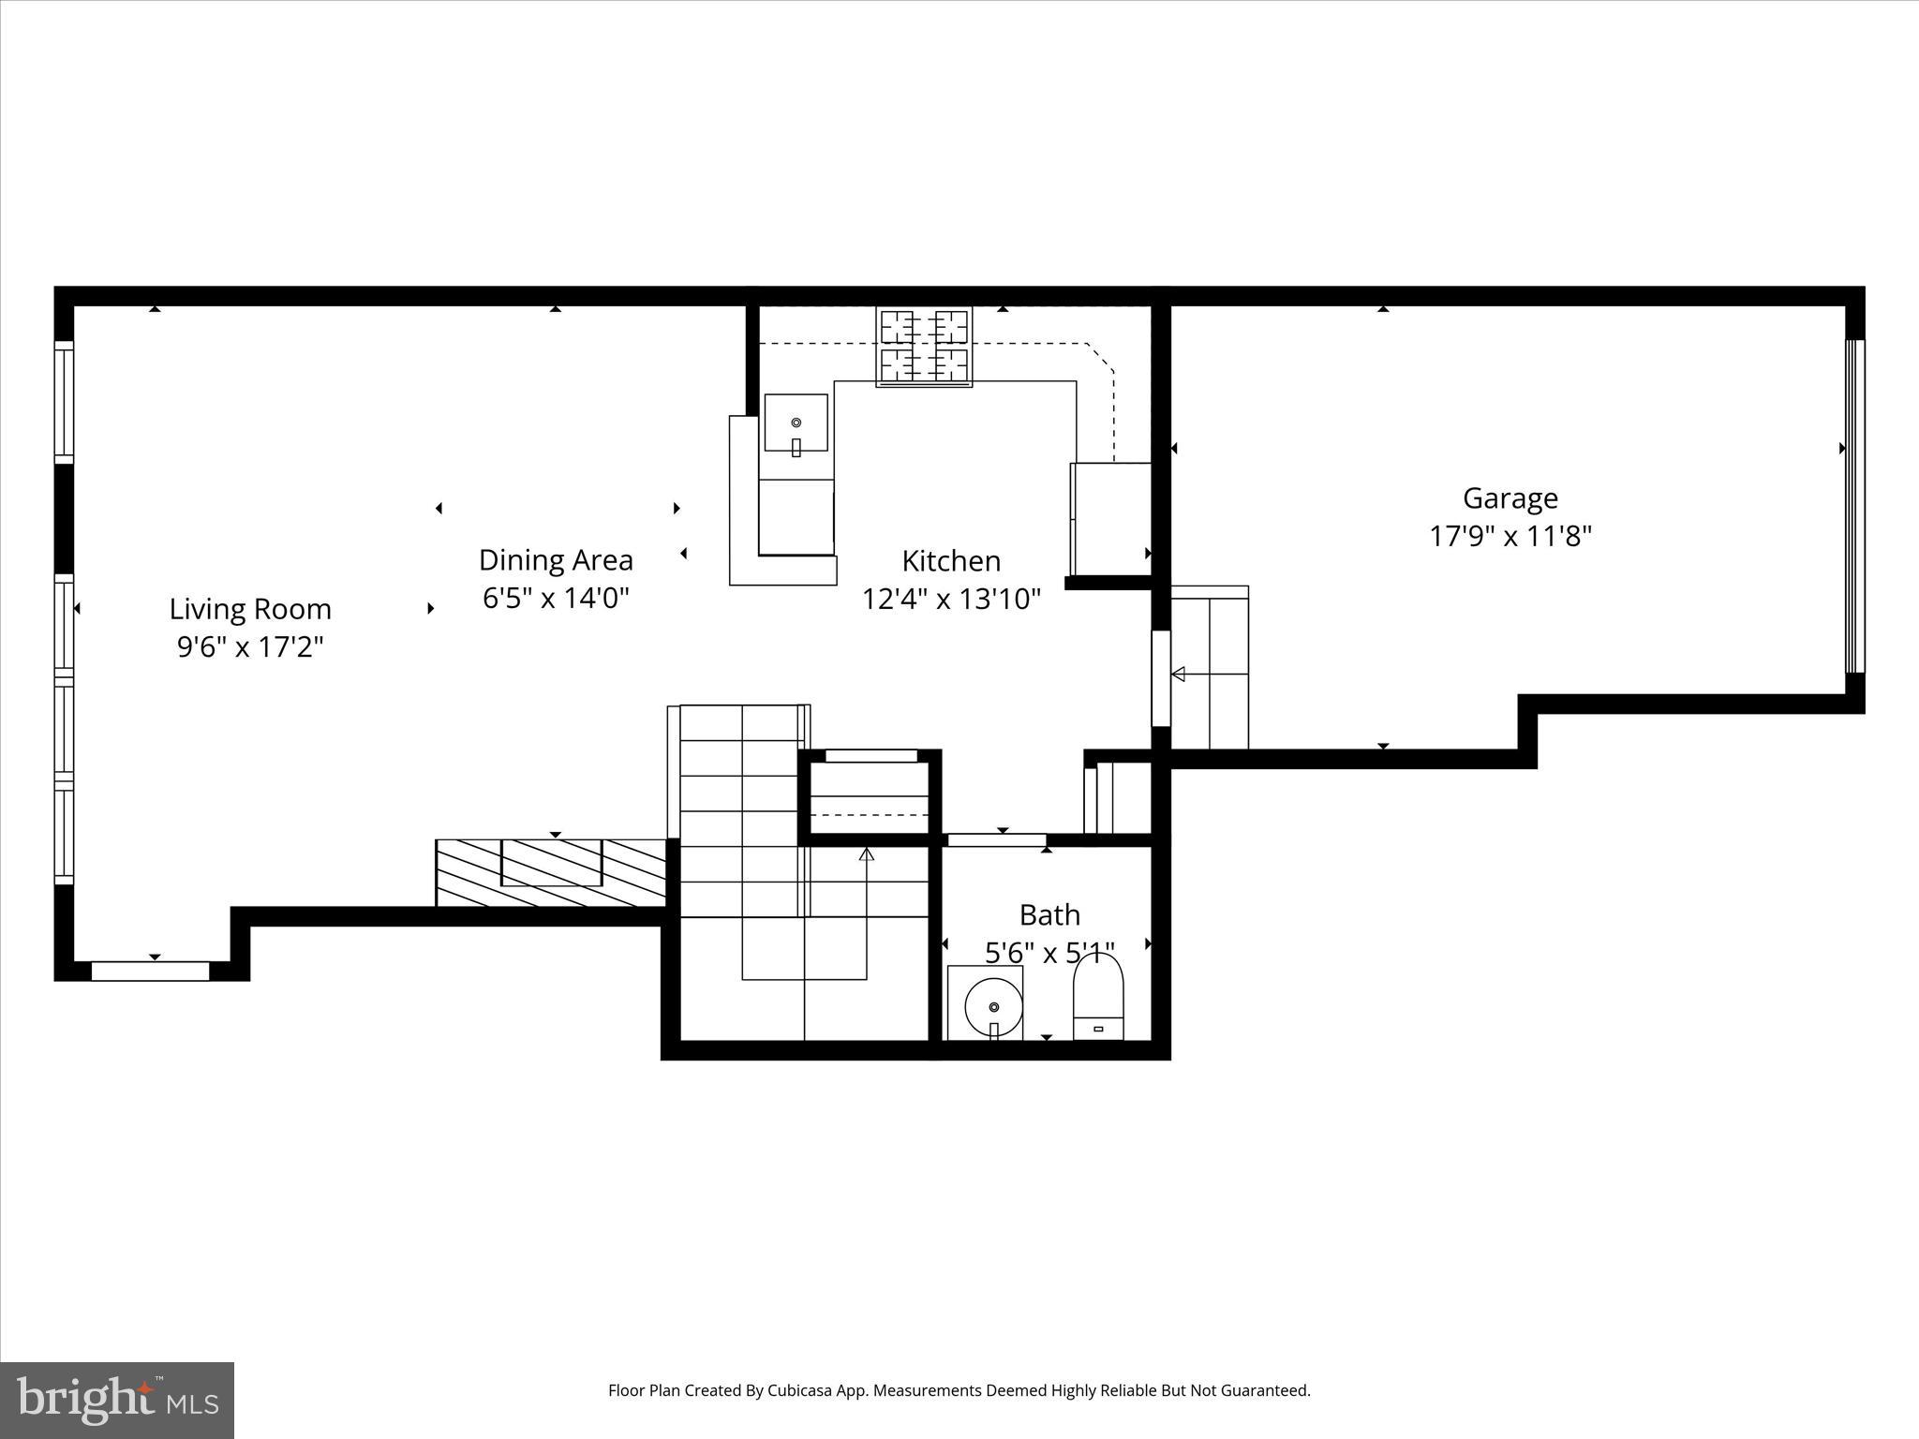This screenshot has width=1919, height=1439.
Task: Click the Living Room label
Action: click(250, 609)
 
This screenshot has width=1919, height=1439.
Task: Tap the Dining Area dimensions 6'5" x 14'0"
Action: click(556, 598)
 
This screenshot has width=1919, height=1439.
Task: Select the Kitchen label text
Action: click(951, 561)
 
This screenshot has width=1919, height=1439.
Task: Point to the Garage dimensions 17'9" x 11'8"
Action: click(1510, 536)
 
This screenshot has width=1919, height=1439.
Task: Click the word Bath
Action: click(1049, 914)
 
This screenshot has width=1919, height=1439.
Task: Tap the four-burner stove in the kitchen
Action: click(924, 347)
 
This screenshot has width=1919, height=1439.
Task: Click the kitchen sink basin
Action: click(796, 423)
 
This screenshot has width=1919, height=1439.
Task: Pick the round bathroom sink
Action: click(993, 1007)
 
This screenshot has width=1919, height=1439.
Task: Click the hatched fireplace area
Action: click(551, 872)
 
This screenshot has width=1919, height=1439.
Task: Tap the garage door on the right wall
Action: click(1854, 506)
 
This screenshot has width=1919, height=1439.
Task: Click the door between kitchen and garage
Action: click(1161, 678)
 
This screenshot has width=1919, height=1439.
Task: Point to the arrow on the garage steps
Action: click(1179, 674)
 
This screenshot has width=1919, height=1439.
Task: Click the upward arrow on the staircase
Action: click(867, 854)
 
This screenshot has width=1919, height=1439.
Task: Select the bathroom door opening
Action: click(997, 839)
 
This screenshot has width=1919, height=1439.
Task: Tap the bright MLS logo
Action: click(117, 1400)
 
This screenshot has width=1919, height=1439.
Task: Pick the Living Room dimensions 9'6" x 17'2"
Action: click(250, 647)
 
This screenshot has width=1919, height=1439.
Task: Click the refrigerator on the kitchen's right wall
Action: click(1111, 518)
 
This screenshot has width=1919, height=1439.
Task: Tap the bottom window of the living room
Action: click(150, 971)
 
